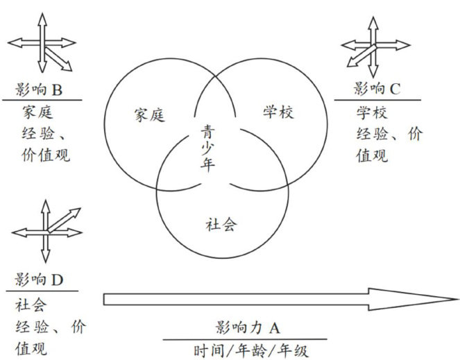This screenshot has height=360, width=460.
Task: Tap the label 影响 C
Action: pyautogui.click(x=377, y=89)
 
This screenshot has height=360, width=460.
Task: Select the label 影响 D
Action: pyautogui.click(x=39, y=280)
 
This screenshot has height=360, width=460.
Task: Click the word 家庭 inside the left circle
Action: pyautogui.click(x=148, y=115)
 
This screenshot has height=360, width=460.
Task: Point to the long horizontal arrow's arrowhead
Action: pyautogui.click(x=430, y=299)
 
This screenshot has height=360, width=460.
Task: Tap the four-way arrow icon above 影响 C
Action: pyautogui.click(x=374, y=47)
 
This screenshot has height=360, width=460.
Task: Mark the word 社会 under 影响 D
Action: pyautogui.click(x=29, y=305)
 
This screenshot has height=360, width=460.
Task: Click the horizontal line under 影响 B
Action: pyautogui.click(x=42, y=100)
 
